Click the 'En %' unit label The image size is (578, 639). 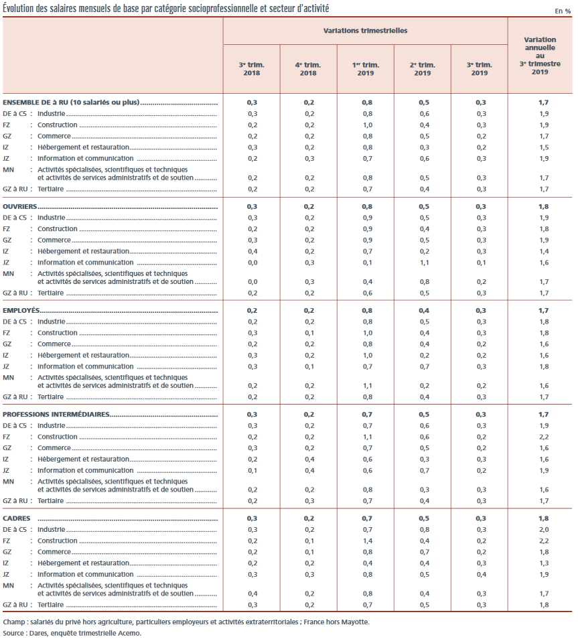click(563, 11)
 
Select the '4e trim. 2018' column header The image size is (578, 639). click(308, 69)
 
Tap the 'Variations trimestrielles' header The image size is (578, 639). click(365, 31)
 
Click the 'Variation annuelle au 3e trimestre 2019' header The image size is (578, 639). click(540, 56)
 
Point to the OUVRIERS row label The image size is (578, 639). click(20, 206)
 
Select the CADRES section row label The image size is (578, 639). click(17, 518)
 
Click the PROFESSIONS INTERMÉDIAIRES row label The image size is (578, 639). click(56, 415)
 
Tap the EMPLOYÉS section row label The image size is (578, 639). click(21, 311)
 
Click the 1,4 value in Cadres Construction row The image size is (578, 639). click(367, 541)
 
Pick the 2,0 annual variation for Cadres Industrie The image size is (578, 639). click(544, 529)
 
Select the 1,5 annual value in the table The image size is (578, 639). click(544, 147)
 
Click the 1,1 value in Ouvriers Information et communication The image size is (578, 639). click(425, 263)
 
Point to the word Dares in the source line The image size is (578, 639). click(35, 633)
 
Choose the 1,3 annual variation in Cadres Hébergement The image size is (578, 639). click(544, 563)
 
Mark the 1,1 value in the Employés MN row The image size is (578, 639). click(367, 386)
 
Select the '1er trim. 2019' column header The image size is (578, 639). click(366, 69)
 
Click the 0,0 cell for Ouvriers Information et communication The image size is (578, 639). click(252, 263)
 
